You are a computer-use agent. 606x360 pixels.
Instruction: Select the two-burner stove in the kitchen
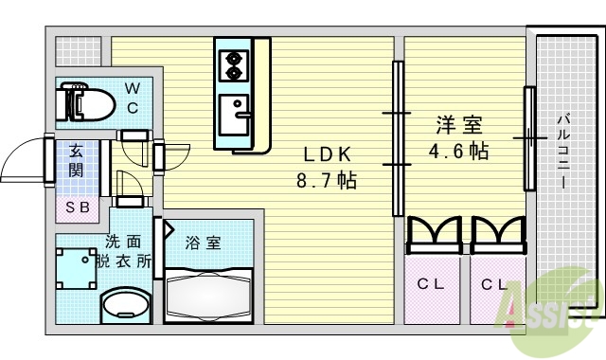point(232,65)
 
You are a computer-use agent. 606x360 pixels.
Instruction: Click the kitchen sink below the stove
point(233,115)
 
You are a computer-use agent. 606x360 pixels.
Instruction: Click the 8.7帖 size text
point(329,179)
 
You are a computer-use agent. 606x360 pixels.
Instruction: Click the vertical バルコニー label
point(561,152)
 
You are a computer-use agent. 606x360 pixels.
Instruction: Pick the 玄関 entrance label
point(75,160)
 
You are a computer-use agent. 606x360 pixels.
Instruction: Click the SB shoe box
point(75,206)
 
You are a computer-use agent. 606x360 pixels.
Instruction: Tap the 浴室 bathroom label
point(202,243)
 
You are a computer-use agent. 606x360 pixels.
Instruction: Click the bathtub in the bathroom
point(207,291)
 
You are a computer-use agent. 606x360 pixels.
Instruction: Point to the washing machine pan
point(78,268)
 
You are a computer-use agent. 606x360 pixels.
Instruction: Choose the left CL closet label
point(431,284)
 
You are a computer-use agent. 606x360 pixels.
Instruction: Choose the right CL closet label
point(492,284)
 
